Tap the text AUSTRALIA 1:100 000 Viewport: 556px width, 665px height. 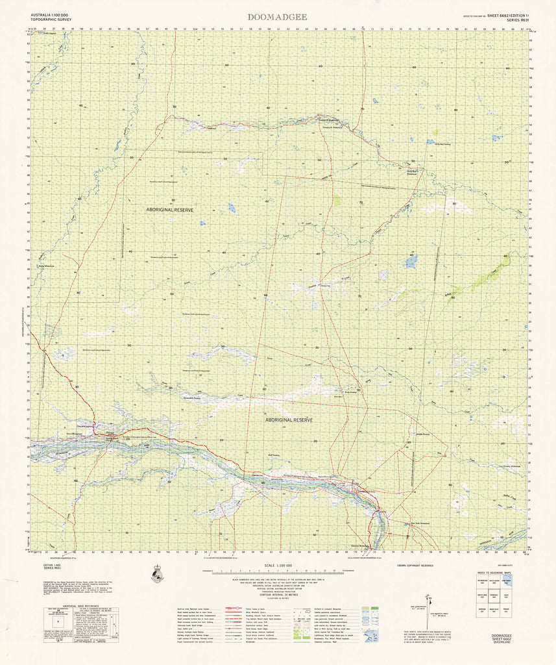(x=49, y=14)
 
